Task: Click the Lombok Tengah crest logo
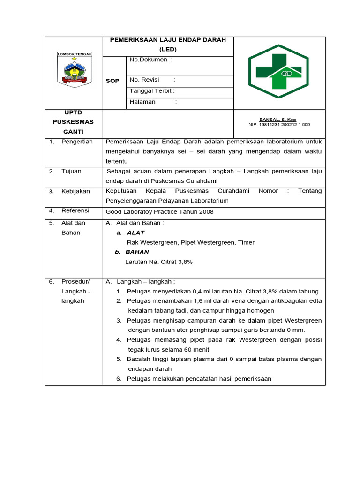pyautogui.click(x=75, y=69)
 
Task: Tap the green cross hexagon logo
pyautogui.click(x=278, y=71)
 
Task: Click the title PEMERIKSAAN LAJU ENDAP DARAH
pyautogui.click(x=167, y=40)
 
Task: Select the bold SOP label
pyautogui.click(x=112, y=81)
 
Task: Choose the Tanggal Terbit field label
pyautogui.click(x=152, y=91)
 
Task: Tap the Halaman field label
pyautogui.click(x=142, y=102)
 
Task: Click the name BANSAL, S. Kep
pyautogui.click(x=277, y=120)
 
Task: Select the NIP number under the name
pyautogui.click(x=279, y=125)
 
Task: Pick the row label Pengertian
pyautogui.click(x=77, y=142)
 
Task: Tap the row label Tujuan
pyautogui.click(x=71, y=171)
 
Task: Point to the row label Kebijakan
pyautogui.click(x=75, y=191)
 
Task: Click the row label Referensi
pyautogui.click(x=75, y=211)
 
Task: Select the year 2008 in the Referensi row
pyautogui.click(x=206, y=212)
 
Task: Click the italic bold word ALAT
pyautogui.click(x=135, y=233)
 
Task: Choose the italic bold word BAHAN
pyautogui.click(x=137, y=252)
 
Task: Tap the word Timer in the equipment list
pyautogui.click(x=246, y=243)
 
